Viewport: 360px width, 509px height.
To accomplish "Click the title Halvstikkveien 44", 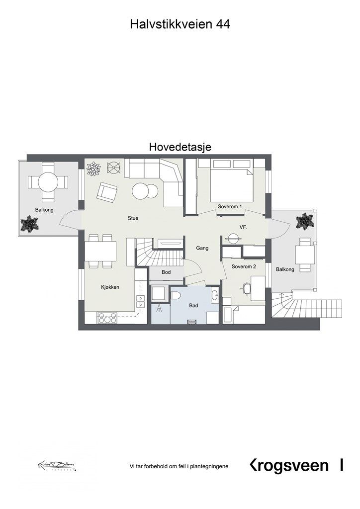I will [x=180, y=24].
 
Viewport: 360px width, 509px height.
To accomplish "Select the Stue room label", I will [x=133, y=218].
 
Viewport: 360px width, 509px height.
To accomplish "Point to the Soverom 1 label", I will [x=230, y=206].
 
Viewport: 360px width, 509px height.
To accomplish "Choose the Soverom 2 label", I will [x=244, y=267].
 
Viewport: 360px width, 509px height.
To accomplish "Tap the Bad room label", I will [x=193, y=306].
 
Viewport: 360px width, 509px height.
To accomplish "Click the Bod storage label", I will [x=166, y=272].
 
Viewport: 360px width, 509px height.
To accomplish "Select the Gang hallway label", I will [x=202, y=248].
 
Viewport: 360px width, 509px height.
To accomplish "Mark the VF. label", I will [x=244, y=227].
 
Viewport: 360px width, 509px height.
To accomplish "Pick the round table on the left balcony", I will [x=48, y=182].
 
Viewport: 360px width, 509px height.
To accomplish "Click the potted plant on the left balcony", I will [x=29, y=224].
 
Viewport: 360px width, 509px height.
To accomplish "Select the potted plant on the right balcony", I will [x=304, y=220].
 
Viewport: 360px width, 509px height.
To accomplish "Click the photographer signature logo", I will [x=56, y=466].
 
